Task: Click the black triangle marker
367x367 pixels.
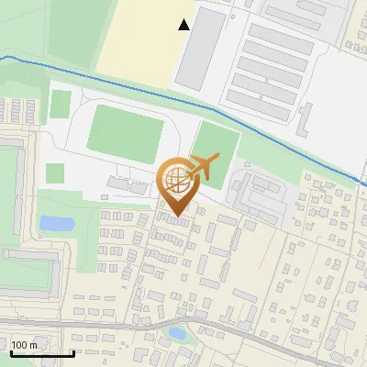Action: pyautogui.click(x=184, y=25)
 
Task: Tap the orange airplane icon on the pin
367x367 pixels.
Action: pyautogui.click(x=202, y=168)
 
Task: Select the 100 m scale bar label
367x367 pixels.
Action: pyautogui.click(x=24, y=345)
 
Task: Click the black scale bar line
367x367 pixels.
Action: pyautogui.click(x=41, y=353)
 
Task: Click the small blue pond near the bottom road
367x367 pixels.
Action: pyautogui.click(x=178, y=333)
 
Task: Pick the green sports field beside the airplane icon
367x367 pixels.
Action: pyautogui.click(x=217, y=147)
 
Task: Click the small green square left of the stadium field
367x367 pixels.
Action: pyautogui.click(x=55, y=172)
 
